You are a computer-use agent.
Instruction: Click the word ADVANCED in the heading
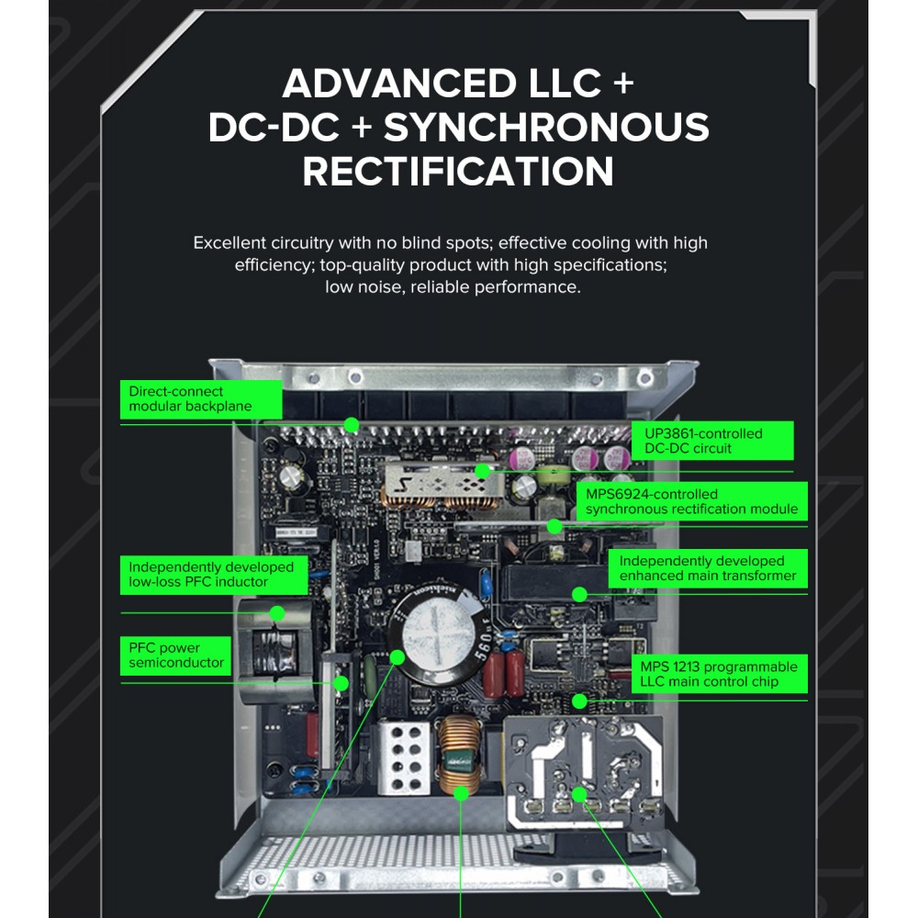(401, 84)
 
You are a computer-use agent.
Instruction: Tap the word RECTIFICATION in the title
(458, 172)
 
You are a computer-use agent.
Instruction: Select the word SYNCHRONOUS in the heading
(546, 127)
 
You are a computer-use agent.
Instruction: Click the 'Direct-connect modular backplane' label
(201, 399)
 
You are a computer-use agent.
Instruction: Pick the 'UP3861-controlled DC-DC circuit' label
(712, 441)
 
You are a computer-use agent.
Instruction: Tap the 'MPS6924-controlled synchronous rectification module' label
(691, 502)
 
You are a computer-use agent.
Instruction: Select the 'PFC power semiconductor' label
(175, 655)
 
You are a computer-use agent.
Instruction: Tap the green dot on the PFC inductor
(277, 613)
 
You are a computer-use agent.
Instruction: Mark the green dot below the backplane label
(352, 425)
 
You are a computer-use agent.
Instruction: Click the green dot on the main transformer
(579, 595)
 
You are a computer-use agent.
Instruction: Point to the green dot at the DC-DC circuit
(483, 471)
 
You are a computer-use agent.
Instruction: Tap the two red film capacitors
(504, 673)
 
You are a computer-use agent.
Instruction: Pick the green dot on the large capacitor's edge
(397, 657)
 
